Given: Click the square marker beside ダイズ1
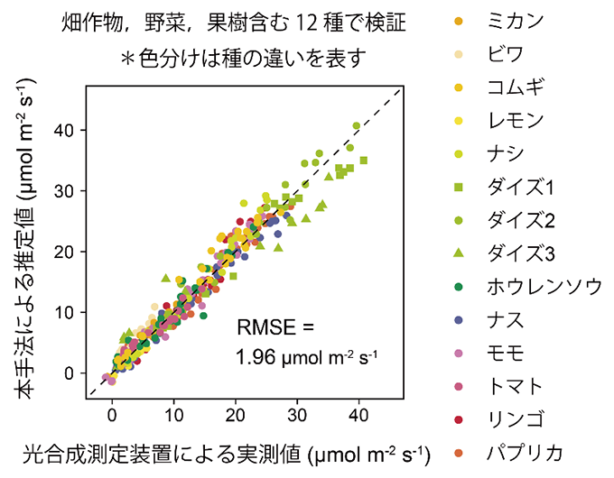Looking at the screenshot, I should (459, 188).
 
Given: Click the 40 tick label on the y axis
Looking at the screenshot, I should (67, 131).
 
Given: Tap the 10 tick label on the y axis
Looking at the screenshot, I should (67, 313).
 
